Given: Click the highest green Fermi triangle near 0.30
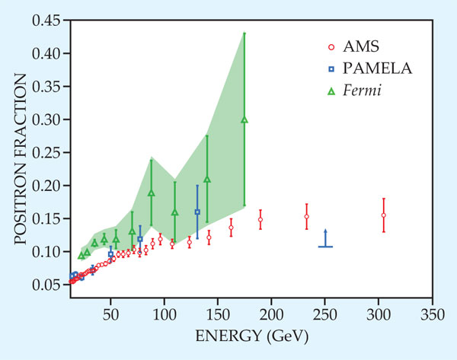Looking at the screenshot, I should [244, 119].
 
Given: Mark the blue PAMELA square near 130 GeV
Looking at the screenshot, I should [197, 212].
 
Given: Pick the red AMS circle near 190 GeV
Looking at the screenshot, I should [260, 220].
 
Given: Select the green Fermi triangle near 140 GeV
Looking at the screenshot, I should [207, 180].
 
